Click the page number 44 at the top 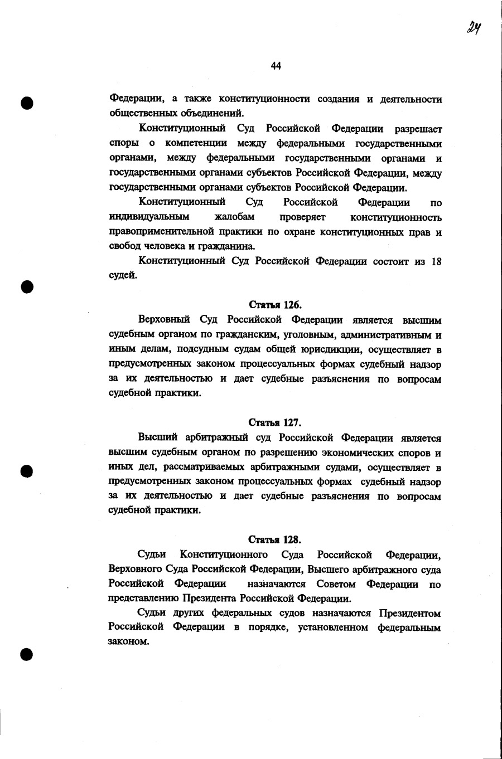click(276, 66)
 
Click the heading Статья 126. click(275, 305)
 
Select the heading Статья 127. click(275, 422)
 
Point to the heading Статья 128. click(275, 539)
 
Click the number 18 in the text click(436, 261)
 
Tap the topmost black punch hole click(27, 103)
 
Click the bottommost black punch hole click(27, 654)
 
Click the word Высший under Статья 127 click(156, 437)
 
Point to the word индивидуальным click(149, 217)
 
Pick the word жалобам click(234, 217)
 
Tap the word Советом click(336, 584)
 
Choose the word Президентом click(410, 613)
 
